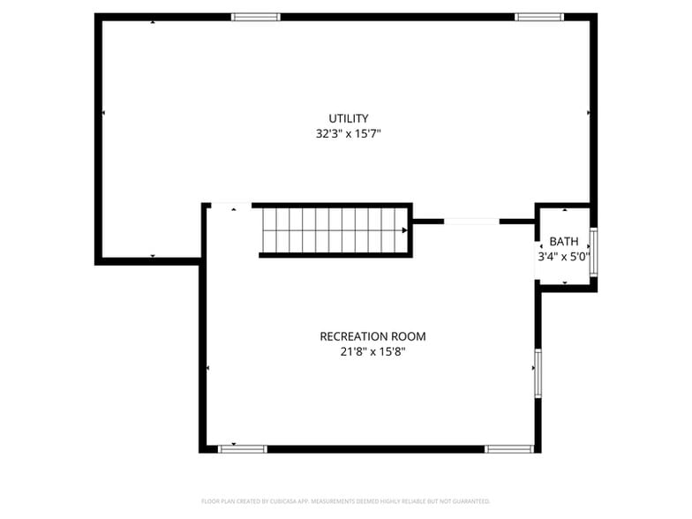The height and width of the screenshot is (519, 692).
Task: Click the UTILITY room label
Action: [349, 118]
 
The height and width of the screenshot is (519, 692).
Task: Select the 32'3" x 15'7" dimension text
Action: [349, 134]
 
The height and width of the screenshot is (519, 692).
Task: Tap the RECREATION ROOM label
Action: [372, 336]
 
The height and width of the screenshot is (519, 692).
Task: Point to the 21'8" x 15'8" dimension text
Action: [372, 351]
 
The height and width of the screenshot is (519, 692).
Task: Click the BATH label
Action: [564, 242]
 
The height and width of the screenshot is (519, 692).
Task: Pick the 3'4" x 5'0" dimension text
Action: [564, 257]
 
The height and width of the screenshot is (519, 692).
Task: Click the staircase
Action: [334, 230]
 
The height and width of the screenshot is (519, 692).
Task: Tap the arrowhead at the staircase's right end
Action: [404, 230]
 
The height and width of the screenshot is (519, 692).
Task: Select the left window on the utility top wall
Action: [256, 17]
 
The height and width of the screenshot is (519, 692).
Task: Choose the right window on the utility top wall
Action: [539, 17]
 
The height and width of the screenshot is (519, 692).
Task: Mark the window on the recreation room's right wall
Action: [538, 372]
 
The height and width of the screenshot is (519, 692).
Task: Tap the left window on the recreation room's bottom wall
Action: [243, 448]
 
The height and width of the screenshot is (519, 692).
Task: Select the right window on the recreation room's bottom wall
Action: [509, 448]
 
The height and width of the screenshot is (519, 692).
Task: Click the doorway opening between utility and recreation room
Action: [471, 222]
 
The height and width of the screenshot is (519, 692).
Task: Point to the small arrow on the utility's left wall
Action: [103, 113]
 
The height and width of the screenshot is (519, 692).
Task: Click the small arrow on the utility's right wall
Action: [589, 113]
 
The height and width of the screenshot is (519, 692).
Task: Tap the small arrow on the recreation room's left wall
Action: [207, 367]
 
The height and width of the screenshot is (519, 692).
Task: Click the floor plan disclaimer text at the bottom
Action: [346, 500]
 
